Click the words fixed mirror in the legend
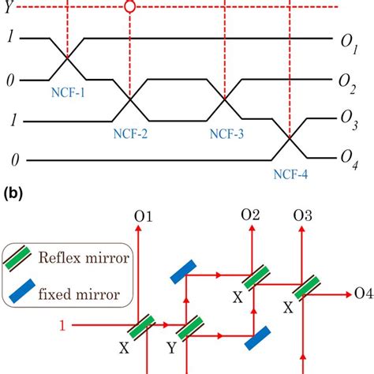77,297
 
